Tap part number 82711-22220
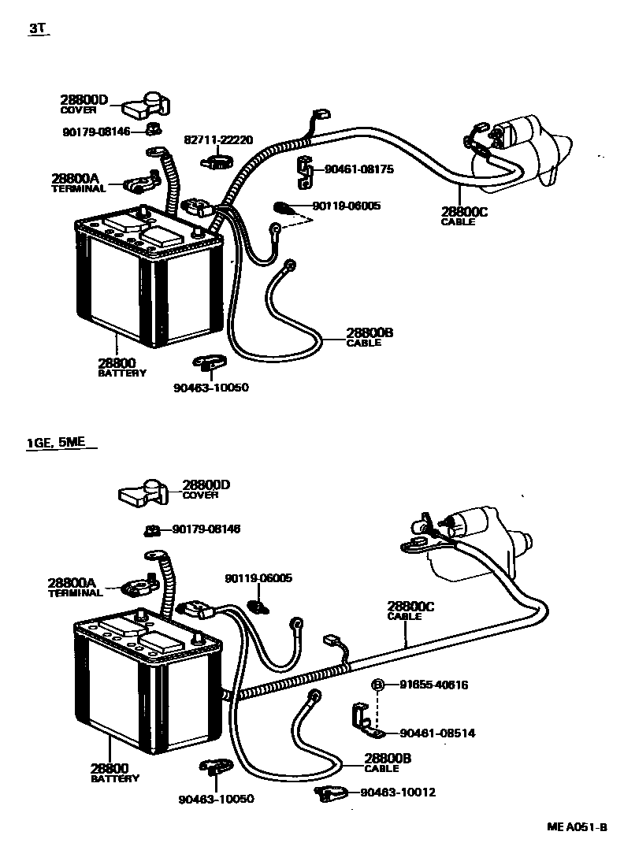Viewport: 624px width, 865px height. pyautogui.click(x=218, y=139)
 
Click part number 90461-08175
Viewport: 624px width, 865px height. pyautogui.click(x=353, y=169)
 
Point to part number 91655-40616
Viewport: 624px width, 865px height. pyautogui.click(x=433, y=685)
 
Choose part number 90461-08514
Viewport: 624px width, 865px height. pyautogui.click(x=437, y=733)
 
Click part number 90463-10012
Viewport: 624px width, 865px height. pyautogui.click(x=398, y=792)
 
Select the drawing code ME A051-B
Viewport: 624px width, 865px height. pyautogui.click(x=578, y=827)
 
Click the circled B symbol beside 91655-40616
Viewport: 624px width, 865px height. pyautogui.click(x=377, y=685)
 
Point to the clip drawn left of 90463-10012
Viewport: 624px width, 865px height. pyautogui.click(x=332, y=793)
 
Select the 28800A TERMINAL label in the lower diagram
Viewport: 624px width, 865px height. pyautogui.click(x=75, y=587)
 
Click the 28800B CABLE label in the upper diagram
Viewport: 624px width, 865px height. pyautogui.click(x=369, y=337)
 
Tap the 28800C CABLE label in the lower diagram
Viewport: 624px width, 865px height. pyautogui.click(x=410, y=611)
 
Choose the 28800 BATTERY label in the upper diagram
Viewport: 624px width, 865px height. pyautogui.click(x=121, y=367)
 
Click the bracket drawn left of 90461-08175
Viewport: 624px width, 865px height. pyautogui.click(x=303, y=174)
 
